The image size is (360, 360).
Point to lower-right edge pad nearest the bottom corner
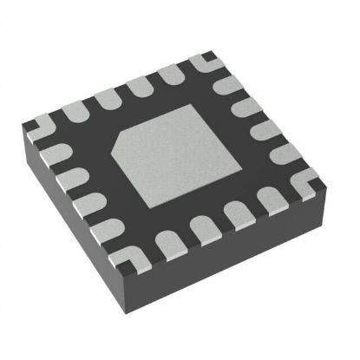point(165,242)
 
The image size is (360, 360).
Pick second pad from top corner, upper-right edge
point(244,106)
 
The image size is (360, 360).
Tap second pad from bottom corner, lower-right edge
point(202,230)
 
